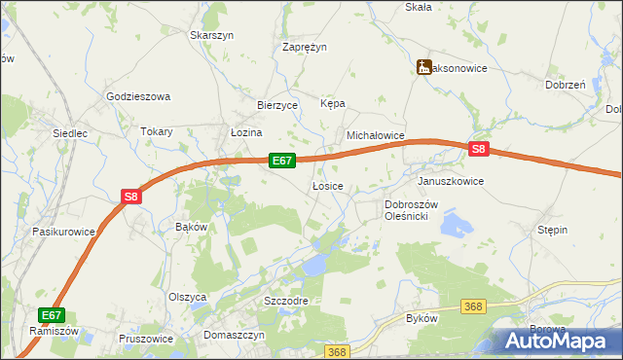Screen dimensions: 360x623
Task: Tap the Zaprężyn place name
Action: [305, 47]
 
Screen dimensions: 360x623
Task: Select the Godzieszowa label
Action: [138, 96]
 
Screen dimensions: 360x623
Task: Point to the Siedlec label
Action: [70, 132]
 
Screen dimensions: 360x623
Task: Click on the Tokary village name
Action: [156, 131]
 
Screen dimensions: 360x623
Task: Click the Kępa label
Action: [333, 103]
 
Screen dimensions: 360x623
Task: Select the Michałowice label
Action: [375, 137]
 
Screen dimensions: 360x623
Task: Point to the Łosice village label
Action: [327, 185]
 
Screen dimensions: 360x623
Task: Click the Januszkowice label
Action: [450, 181]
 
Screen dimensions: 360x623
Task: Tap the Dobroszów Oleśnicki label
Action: [413, 210]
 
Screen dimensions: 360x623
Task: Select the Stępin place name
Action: [552, 230]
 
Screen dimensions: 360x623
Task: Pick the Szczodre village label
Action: [286, 301]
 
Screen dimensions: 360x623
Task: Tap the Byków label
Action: [421, 318]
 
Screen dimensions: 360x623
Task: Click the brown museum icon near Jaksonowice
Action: [423, 67]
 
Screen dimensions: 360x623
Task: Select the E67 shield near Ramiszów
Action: [53, 315]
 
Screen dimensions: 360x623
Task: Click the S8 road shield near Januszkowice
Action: [478, 149]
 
